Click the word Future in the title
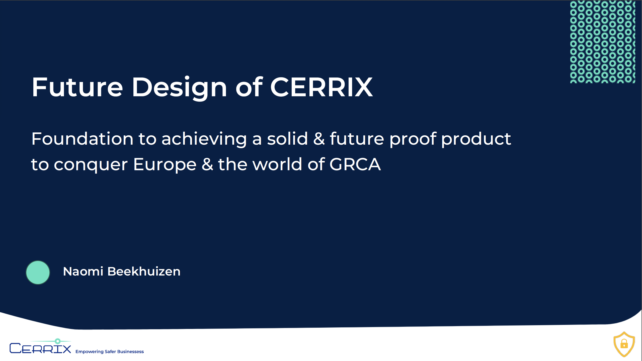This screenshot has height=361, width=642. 77,87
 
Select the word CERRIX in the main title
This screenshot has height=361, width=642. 321,87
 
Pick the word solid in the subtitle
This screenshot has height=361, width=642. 287,138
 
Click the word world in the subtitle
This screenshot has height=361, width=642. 277,164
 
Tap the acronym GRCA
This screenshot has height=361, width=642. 355,164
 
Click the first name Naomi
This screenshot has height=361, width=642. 83,272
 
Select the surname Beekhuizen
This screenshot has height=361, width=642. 144,272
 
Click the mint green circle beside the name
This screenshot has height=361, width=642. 38,273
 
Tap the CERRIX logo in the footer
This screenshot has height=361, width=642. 40,346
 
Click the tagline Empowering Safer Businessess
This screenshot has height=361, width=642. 110,351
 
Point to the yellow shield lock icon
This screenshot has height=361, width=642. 624,344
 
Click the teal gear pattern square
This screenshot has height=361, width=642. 603,42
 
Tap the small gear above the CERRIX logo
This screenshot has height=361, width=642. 58,341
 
